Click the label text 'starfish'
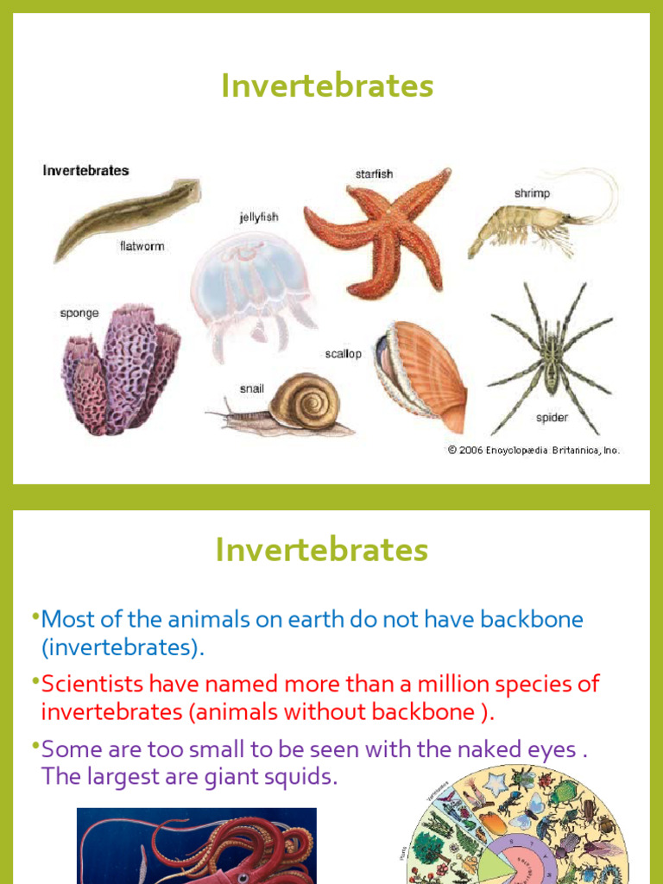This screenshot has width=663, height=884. pos(374,174)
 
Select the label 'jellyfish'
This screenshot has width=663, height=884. pos(259,218)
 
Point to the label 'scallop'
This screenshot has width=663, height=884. pos(344,354)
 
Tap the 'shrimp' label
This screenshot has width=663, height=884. pos(532,194)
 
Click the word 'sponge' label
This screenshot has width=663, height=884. pos(79,313)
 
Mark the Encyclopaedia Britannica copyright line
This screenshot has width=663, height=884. pos(534,450)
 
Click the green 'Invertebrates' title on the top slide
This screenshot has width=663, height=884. pos(327,86)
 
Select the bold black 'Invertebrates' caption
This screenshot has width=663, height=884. pos(85,171)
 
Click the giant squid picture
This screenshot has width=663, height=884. pos(197,846)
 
